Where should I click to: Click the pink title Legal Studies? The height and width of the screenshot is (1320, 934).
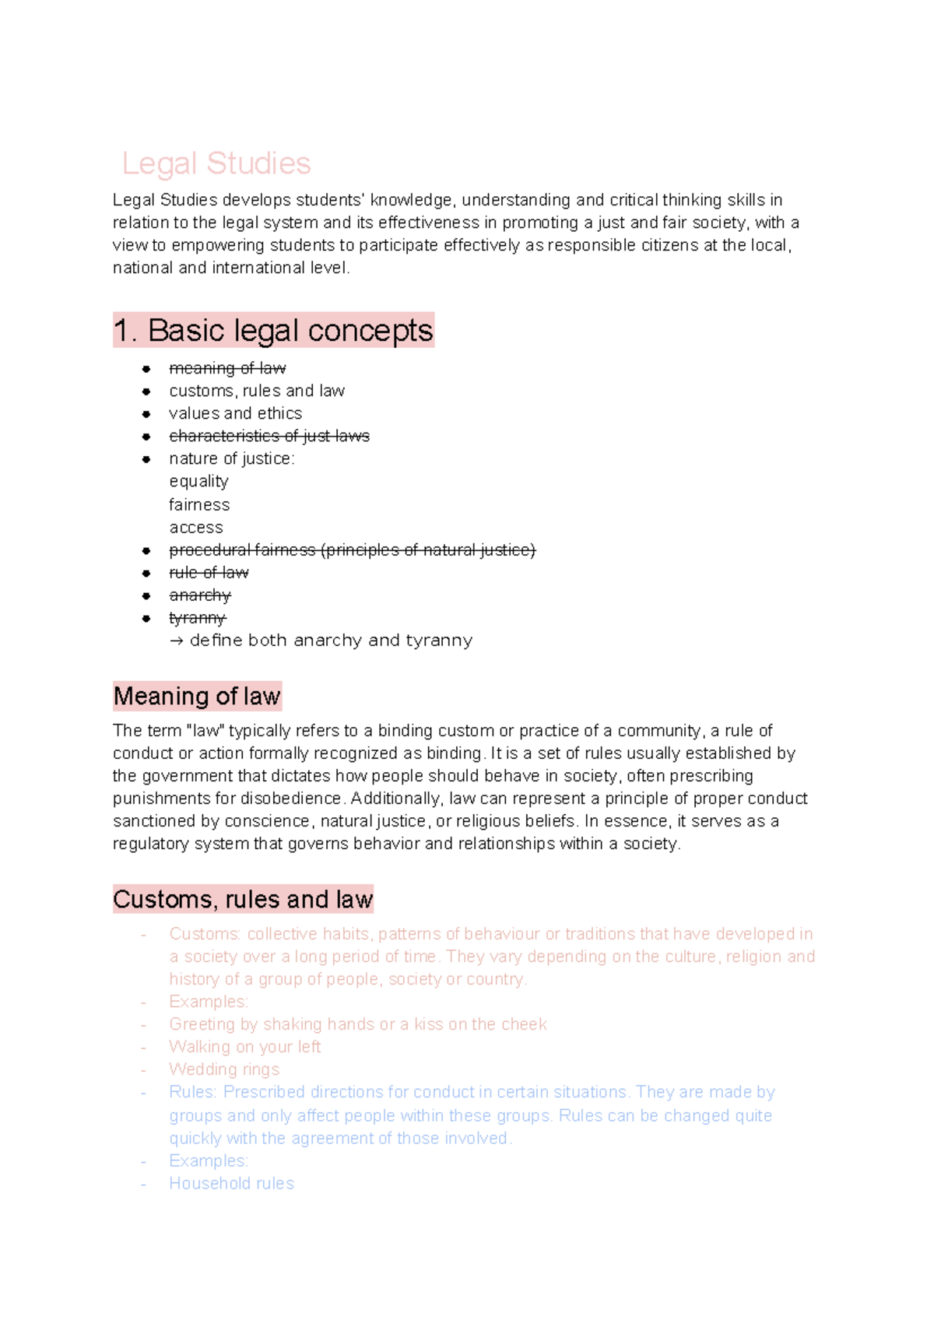click(x=216, y=163)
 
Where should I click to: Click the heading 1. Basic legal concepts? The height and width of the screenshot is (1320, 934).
click(x=273, y=331)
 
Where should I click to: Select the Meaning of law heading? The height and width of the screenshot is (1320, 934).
click(x=197, y=696)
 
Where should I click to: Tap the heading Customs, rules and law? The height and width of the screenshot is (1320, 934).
click(x=243, y=900)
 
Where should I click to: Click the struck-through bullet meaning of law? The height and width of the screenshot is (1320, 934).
click(x=227, y=368)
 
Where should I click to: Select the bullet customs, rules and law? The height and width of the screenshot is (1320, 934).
click(x=256, y=391)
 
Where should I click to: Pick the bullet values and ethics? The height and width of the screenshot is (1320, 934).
click(x=235, y=413)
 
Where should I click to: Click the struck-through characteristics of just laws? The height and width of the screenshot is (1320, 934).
click(x=269, y=436)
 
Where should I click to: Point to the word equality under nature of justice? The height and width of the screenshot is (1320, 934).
click(x=198, y=482)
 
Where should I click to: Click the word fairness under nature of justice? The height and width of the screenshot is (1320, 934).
click(x=199, y=504)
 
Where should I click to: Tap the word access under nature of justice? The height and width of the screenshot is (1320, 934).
click(x=196, y=528)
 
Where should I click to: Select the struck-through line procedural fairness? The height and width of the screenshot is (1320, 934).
click(x=352, y=550)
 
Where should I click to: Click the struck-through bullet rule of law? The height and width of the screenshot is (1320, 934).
click(x=209, y=573)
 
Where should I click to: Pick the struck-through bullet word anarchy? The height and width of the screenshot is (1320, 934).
click(x=200, y=595)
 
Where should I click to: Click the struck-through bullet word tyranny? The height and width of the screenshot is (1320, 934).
click(x=197, y=618)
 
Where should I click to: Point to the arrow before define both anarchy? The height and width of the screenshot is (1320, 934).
click(x=177, y=641)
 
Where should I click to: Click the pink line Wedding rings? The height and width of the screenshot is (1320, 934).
click(x=224, y=1069)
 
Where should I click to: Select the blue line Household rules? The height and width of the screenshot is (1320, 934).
click(x=231, y=1184)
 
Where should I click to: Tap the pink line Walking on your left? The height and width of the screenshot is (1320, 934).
click(x=244, y=1047)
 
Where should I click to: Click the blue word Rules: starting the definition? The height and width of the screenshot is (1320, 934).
click(x=192, y=1092)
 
